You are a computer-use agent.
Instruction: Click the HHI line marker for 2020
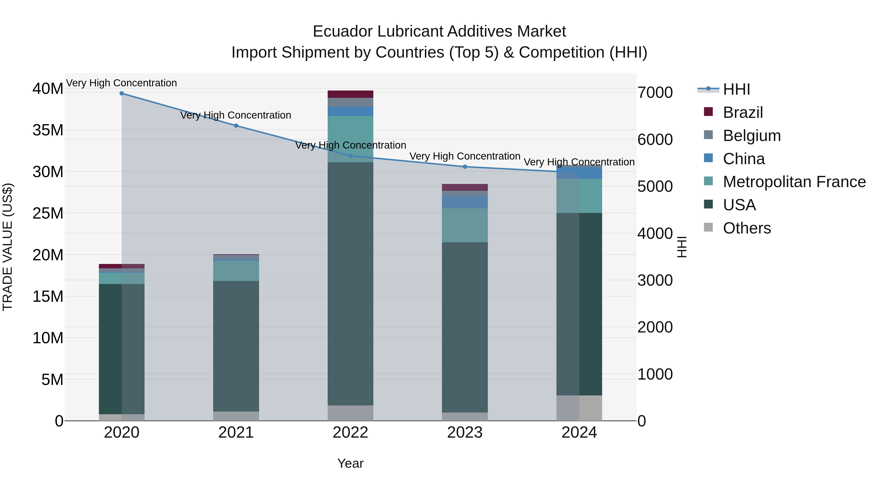pyautogui.click(x=122, y=93)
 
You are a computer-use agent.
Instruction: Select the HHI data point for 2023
pyautogui.click(x=465, y=167)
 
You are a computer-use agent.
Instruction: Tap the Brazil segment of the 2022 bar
pyautogui.click(x=350, y=94)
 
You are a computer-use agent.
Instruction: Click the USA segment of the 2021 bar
pyautogui.click(x=236, y=346)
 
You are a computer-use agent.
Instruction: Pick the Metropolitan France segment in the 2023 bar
pyautogui.click(x=465, y=225)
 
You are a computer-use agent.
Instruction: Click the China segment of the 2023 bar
pyautogui.click(x=465, y=202)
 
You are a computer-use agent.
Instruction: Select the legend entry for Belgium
pyautogui.click(x=752, y=136)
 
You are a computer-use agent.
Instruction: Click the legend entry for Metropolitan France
pyautogui.click(x=794, y=182)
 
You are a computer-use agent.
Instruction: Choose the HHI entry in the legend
pyautogui.click(x=736, y=89)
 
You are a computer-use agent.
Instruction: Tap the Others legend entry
pyautogui.click(x=747, y=228)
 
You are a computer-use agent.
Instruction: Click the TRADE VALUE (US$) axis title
pyautogui.click(x=8, y=247)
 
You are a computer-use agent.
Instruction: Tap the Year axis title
pyautogui.click(x=350, y=463)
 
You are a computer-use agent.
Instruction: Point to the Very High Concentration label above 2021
pyautogui.click(x=236, y=115)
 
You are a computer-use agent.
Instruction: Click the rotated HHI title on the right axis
pyautogui.click(x=681, y=247)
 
